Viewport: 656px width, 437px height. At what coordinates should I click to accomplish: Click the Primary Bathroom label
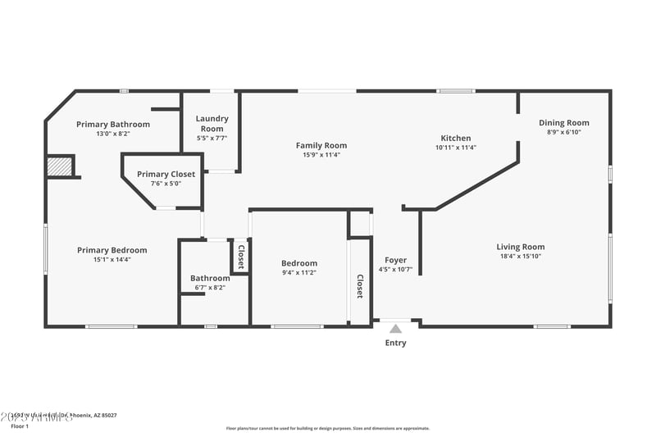tap(113, 125)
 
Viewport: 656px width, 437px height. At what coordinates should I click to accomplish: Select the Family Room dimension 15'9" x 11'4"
tap(321, 154)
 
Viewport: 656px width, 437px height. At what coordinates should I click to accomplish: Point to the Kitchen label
tap(456, 139)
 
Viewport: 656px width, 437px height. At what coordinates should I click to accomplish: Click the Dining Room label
tap(563, 123)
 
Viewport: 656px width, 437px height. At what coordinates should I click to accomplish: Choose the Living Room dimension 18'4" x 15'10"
tap(520, 256)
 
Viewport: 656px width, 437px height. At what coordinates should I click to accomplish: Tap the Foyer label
tap(395, 260)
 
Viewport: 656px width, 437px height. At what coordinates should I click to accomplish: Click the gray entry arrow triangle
tap(395, 329)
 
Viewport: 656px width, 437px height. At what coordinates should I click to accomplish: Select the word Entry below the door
tap(395, 343)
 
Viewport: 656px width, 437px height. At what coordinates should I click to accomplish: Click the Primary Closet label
tap(166, 174)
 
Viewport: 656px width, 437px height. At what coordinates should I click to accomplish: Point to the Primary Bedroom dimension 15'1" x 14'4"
tap(112, 259)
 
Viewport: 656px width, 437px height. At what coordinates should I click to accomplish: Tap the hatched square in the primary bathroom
tap(60, 166)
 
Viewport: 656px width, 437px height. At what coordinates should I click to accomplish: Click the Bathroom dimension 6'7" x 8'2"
tap(210, 288)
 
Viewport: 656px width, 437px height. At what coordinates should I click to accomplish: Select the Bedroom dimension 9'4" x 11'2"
tap(298, 272)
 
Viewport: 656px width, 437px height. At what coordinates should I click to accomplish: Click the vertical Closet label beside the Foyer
tap(359, 285)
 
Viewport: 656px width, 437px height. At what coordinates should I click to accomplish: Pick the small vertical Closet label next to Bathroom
tap(240, 257)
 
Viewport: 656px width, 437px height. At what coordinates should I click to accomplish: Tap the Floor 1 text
tap(19, 426)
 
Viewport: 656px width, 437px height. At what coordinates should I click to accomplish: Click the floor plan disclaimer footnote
tap(327, 428)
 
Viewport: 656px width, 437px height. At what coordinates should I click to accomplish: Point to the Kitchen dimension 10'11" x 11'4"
tap(455, 148)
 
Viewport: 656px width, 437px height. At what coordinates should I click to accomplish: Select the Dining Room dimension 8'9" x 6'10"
tap(564, 132)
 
